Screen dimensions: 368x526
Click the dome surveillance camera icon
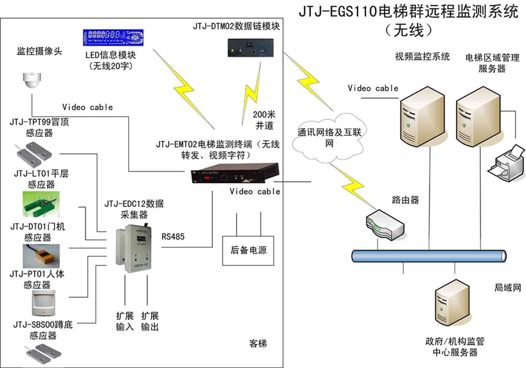[32, 80]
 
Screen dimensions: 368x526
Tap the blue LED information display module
[113, 38]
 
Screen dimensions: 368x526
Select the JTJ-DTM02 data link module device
[250, 48]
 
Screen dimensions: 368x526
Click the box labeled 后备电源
[248, 250]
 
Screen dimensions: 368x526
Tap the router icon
[384, 225]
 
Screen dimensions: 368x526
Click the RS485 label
[173, 237]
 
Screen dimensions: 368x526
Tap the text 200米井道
[264, 120]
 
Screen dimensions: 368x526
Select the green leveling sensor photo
[41, 204]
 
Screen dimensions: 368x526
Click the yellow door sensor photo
[41, 256]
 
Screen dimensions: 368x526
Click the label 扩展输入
[125, 321]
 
